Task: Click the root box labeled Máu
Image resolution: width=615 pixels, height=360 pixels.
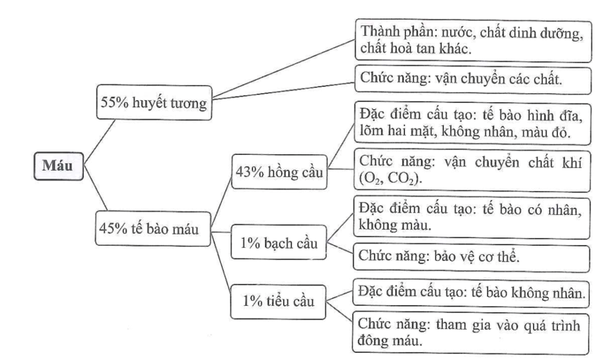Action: click(58, 166)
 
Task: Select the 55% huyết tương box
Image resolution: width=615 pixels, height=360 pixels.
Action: click(154, 102)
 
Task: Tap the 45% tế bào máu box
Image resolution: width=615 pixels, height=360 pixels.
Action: click(153, 229)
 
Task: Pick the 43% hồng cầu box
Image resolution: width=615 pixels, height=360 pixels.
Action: click(279, 172)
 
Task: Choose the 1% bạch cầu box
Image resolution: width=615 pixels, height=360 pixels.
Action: click(278, 242)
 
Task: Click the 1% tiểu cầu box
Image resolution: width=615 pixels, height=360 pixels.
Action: click(278, 302)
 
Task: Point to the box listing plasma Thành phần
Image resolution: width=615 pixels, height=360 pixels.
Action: click(473, 41)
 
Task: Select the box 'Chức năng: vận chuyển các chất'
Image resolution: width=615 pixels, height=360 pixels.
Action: click(473, 80)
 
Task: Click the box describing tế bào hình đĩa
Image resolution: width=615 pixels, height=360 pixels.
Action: click(472, 124)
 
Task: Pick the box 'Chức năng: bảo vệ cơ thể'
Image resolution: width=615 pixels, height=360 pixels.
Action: click(471, 258)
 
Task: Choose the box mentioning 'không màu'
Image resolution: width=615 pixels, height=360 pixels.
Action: click(472, 217)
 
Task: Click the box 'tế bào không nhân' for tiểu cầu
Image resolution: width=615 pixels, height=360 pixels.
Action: click(471, 293)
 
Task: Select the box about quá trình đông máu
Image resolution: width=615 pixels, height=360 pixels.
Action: click(471, 333)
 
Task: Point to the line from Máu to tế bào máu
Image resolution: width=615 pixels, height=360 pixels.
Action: click(95, 189)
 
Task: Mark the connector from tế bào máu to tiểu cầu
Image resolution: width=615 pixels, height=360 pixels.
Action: click(221, 262)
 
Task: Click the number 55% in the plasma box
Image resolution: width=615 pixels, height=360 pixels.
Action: click(115, 102)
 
